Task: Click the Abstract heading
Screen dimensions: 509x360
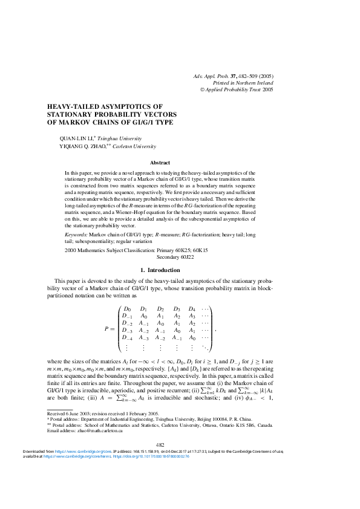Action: (x=160, y=163)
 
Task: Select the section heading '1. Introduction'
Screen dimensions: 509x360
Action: (x=160, y=270)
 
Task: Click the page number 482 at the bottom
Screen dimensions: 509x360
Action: (x=160, y=461)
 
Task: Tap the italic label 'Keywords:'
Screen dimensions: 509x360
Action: (x=76, y=233)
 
